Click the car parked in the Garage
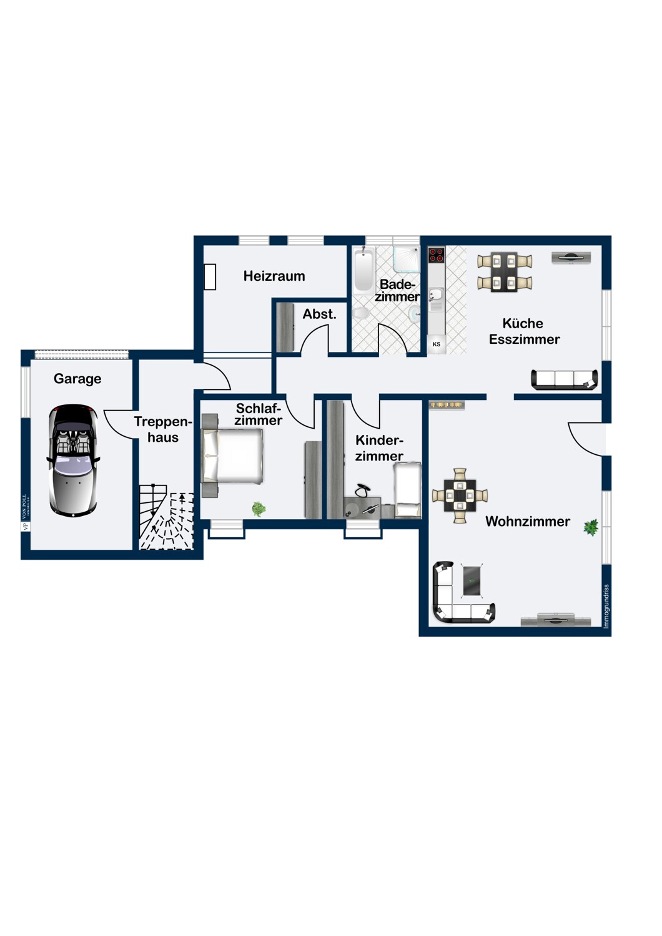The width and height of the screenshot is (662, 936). click(74, 461)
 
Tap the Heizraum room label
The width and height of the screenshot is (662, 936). click(274, 276)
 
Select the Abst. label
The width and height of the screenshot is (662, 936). click(319, 314)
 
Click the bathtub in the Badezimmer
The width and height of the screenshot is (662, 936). click(363, 270)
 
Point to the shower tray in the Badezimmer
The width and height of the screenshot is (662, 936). click(407, 259)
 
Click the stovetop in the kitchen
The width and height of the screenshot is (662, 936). click(436, 255)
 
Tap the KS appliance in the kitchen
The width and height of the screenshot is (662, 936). click(436, 344)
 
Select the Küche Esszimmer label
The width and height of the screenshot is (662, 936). click(524, 331)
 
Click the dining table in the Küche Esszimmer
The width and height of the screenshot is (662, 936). click(505, 272)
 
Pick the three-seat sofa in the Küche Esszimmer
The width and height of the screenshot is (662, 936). click(564, 379)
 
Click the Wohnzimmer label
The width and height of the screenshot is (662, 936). click(527, 521)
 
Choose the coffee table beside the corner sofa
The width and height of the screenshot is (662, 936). click(472, 580)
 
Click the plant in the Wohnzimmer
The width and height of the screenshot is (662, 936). click(590, 527)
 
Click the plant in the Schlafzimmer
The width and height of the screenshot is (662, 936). click(259, 509)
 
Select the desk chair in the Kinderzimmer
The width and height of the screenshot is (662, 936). click(363, 491)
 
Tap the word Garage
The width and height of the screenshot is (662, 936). click(77, 379)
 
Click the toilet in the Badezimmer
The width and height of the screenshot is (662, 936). click(361, 313)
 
